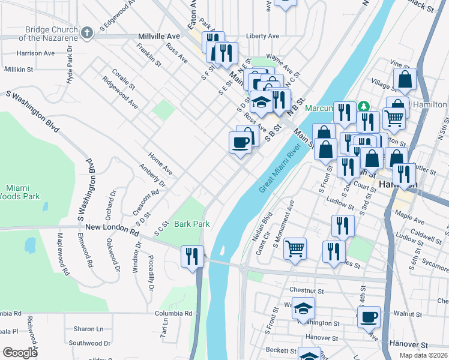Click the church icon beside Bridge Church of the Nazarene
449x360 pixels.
(x=87, y=32)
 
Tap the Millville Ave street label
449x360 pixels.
(x=160, y=36)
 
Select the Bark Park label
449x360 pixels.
(x=191, y=224)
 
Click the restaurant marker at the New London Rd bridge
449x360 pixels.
(x=192, y=257)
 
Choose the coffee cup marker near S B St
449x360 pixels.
(x=240, y=143)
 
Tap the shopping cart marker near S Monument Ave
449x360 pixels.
(x=294, y=248)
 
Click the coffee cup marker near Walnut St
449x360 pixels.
(x=369, y=317)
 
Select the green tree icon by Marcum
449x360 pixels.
(x=363, y=106)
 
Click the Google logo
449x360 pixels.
(x=20, y=352)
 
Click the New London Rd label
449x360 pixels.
(x=112, y=227)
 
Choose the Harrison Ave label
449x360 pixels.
(x=36, y=53)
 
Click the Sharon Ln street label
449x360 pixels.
(x=88, y=329)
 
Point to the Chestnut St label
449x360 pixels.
(x=306, y=290)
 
